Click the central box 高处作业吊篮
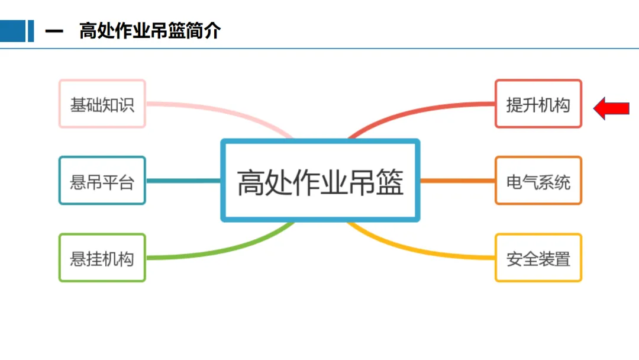pyautogui.click(x=320, y=181)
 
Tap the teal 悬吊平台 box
pyautogui.click(x=102, y=181)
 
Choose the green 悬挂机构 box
pyautogui.click(x=102, y=258)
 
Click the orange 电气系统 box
pyautogui.click(x=538, y=181)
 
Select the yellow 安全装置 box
pyautogui.click(x=538, y=258)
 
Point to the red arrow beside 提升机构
pyautogui.click(x=612, y=108)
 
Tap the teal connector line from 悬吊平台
pyautogui.click(x=183, y=181)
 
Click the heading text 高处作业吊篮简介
pyautogui.click(x=150, y=31)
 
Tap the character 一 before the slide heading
pyautogui.click(x=54, y=31)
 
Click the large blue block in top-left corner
pyautogui.click(x=12, y=31)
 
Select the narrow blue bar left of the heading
pyautogui.click(x=31, y=31)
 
